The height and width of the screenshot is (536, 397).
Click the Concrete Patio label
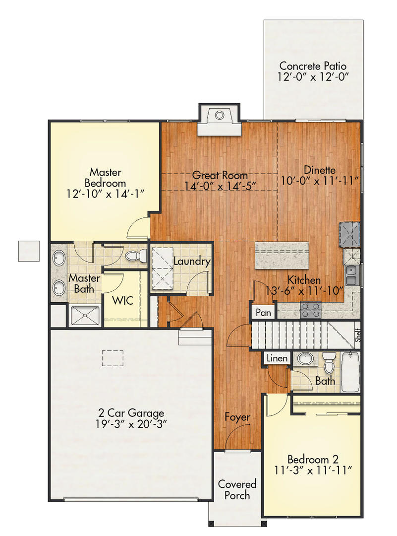point(312,66)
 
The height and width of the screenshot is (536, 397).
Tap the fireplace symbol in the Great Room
point(219,116)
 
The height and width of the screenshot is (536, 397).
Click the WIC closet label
point(121,301)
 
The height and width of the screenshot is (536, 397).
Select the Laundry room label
point(192,262)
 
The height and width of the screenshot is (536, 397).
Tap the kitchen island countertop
point(282,255)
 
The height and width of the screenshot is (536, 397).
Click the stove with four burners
point(311,310)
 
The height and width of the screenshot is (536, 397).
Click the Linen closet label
point(276,358)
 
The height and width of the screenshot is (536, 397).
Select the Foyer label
point(237,417)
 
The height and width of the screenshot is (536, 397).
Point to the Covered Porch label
point(237,489)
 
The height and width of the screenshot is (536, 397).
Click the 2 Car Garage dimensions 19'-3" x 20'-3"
point(130,424)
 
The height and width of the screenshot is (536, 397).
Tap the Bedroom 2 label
point(312,459)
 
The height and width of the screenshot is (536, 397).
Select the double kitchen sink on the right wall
point(351,275)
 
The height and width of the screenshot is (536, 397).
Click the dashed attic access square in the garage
point(113,358)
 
